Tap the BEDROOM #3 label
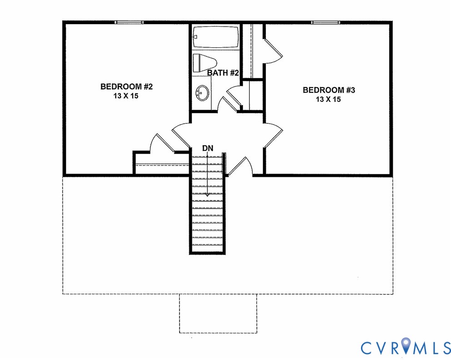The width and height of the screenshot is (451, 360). click(x=329, y=90)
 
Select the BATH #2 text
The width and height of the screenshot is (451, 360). click(x=223, y=73)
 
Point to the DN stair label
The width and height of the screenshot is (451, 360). click(x=207, y=148)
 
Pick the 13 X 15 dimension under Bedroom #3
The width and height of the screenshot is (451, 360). click(x=329, y=100)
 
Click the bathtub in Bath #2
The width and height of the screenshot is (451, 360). click(x=215, y=37)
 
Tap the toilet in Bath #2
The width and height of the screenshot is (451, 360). click(x=204, y=63)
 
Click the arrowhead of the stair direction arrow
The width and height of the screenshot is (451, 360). click(x=207, y=194)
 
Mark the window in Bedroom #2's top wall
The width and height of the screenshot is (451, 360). click(x=129, y=22)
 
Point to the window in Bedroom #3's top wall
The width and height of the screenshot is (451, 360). click(x=326, y=22)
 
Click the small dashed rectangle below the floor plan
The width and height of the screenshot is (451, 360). click(x=218, y=313)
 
